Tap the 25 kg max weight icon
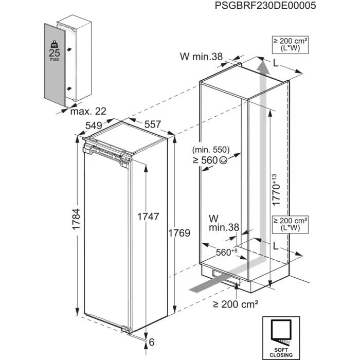(53, 50)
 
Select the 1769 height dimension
(180, 233)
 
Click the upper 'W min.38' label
(202, 57)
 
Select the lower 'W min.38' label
(224, 222)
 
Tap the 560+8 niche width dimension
(226, 252)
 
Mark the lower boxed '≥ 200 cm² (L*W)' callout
(291, 224)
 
